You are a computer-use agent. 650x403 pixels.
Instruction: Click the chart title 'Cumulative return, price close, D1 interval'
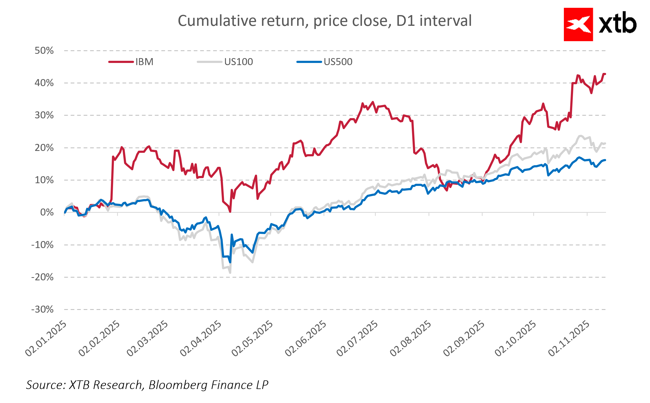[325, 21]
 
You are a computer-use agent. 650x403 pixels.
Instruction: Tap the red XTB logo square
[578, 24]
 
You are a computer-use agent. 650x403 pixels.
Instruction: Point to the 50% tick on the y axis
[44, 51]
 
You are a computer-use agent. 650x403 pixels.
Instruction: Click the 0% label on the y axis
[47, 213]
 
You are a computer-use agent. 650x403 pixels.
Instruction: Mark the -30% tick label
[43, 309]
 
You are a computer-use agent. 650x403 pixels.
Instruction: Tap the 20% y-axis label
[44, 148]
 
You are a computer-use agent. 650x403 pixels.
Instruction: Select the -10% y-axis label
[43, 245]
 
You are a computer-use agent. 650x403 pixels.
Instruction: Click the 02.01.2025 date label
[46, 338]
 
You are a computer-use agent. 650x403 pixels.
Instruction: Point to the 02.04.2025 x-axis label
[201, 338]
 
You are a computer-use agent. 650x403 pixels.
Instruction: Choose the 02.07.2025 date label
[357, 338]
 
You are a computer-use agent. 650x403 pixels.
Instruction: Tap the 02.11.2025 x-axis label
[569, 338]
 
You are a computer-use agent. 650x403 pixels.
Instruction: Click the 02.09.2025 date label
[464, 338]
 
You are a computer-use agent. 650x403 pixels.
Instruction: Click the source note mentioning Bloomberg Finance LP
[147, 385]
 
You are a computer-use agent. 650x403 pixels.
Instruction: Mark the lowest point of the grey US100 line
[230, 273]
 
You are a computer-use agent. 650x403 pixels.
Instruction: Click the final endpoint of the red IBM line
[605, 74]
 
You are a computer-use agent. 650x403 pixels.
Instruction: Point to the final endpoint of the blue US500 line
[605, 160]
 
